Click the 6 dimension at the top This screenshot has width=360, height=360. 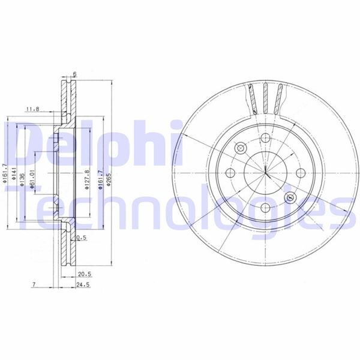[x=75, y=74]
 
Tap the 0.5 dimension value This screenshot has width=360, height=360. [x=83, y=238]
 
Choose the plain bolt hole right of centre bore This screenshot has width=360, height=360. [x=300, y=173]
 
